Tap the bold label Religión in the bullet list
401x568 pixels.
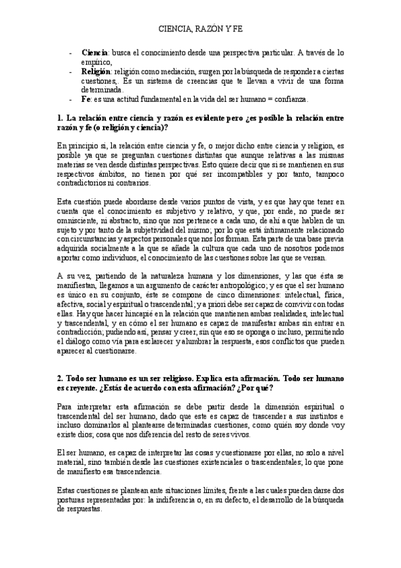click(95, 70)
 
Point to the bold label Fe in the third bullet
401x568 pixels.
click(85, 98)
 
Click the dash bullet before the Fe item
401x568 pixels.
click(72, 98)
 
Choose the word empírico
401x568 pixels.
click(96, 61)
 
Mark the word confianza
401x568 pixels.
click(288, 98)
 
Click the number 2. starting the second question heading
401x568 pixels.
click(62, 378)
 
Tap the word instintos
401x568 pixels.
click(325, 416)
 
